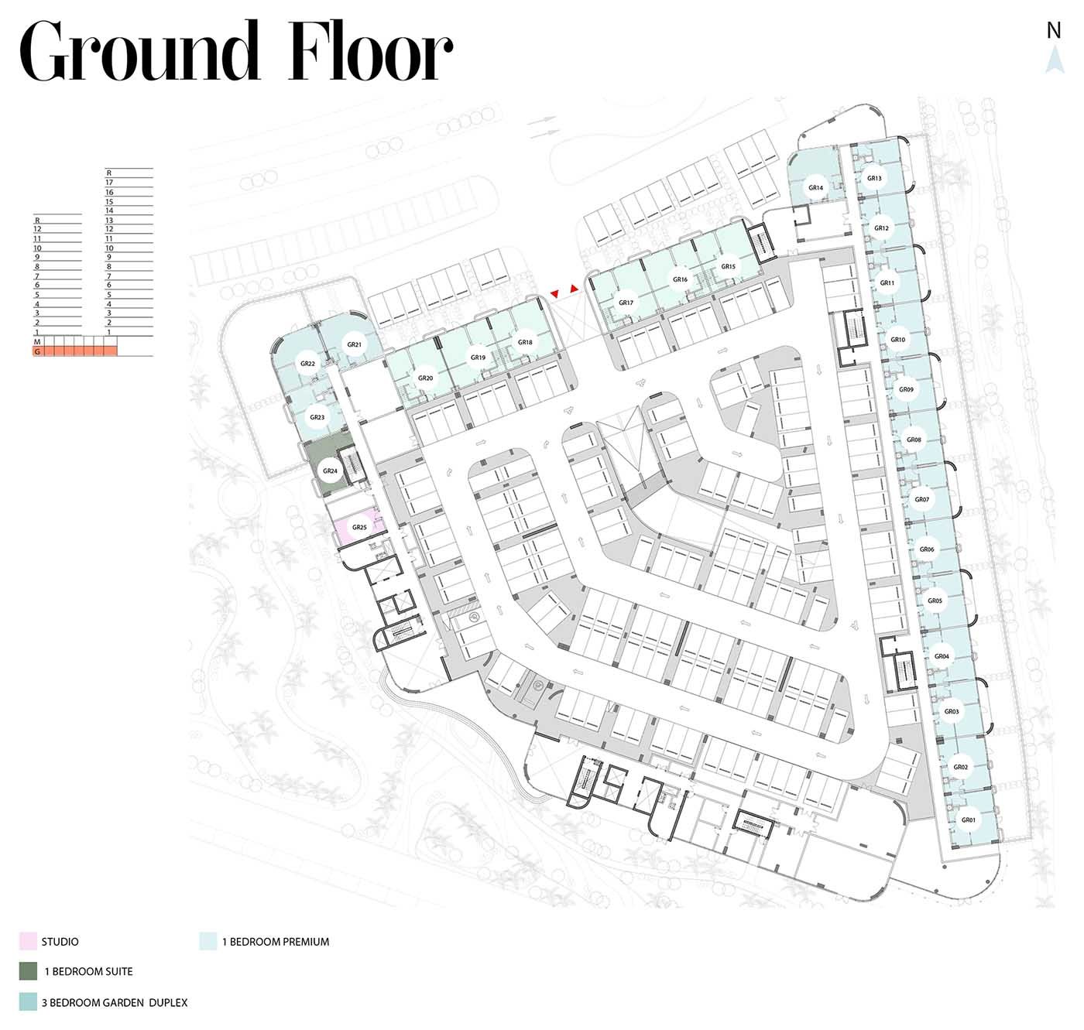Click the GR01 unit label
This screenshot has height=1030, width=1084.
tap(968, 820)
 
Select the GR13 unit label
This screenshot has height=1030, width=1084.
tap(874, 178)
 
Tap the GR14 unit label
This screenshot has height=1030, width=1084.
tap(815, 187)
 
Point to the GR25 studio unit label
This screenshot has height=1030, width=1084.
tap(359, 528)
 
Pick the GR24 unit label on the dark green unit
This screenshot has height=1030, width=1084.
tap(330, 471)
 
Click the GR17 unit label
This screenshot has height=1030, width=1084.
tap(626, 303)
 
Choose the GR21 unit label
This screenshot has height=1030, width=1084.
tap(354, 344)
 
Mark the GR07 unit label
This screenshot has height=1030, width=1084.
tap(922, 499)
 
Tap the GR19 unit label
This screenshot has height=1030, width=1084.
tap(478, 357)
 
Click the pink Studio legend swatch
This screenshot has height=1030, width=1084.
tap(28, 941)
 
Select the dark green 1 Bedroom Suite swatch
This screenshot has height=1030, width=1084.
tap(28, 971)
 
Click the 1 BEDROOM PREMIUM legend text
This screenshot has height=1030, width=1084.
tap(276, 942)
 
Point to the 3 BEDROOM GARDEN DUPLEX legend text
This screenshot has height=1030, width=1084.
tap(115, 1002)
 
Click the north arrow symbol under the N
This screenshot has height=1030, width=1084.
tap(1055, 60)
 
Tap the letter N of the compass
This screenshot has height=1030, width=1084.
tap(1054, 31)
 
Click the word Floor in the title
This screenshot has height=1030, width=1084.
tap(369, 51)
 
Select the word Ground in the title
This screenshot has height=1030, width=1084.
tap(139, 51)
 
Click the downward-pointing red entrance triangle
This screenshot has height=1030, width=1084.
tap(554, 295)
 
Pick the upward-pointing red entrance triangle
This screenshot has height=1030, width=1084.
tap(574, 288)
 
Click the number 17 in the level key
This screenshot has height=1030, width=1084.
tap(109, 183)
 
